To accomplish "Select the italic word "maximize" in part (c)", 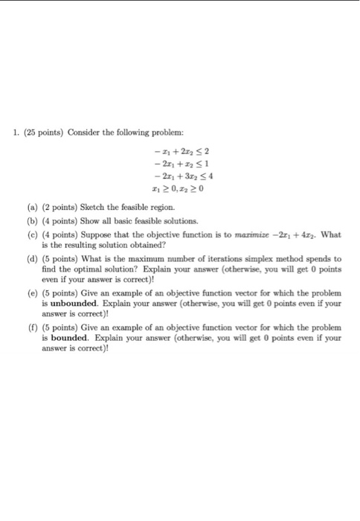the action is click(x=256, y=235).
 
